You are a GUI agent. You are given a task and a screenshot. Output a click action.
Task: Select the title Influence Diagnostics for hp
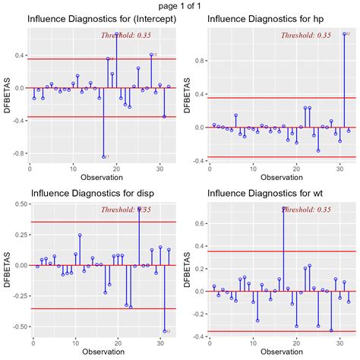click(x=261, y=19)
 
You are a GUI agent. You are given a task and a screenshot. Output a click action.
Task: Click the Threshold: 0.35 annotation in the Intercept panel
click(x=127, y=35)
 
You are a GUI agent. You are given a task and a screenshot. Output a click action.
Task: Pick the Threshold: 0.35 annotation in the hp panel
click(x=305, y=35)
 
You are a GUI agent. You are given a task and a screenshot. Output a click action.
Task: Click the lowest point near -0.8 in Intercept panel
click(x=103, y=156)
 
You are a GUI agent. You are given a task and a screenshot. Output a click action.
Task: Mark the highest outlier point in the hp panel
click(x=344, y=34)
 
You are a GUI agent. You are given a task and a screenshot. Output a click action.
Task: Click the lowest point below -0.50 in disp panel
click(x=164, y=331)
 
